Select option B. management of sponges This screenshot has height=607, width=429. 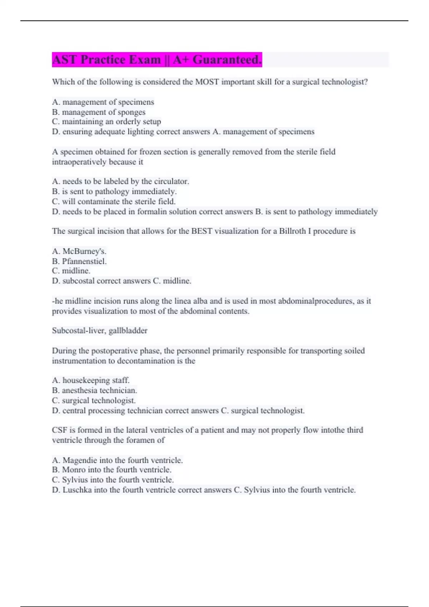(x=99, y=112)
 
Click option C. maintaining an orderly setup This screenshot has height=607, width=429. (x=107, y=122)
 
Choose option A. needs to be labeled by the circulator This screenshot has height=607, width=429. (x=120, y=181)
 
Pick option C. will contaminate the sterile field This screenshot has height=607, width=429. (x=114, y=201)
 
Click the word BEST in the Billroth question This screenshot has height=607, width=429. (x=202, y=231)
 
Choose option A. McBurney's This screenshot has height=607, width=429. (x=79, y=251)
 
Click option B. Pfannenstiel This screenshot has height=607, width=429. (x=79, y=261)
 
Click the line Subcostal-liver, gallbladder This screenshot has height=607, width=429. (x=100, y=331)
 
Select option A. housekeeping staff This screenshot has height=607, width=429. (x=91, y=380)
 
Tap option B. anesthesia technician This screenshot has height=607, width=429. (x=94, y=390)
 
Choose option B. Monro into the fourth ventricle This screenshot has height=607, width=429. (x=112, y=470)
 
